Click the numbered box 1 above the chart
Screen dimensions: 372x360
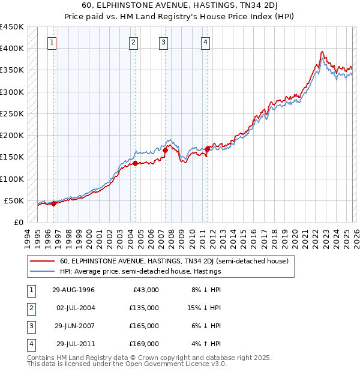(53, 42)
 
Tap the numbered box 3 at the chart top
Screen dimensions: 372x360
(164, 42)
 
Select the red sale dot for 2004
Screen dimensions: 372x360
(135, 163)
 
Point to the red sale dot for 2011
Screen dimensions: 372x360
(207, 149)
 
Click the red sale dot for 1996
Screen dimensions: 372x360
(54, 203)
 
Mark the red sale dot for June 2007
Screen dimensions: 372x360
(166, 150)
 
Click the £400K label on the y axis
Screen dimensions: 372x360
(12, 49)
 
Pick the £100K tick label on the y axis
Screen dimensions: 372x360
(12, 179)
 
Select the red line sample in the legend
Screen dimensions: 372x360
(43, 261)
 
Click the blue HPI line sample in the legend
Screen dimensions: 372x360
(43, 271)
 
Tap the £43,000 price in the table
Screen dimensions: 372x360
(145, 290)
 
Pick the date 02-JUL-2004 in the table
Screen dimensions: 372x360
(76, 308)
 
